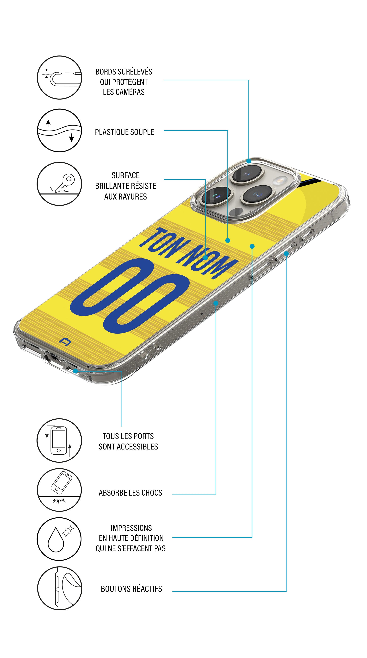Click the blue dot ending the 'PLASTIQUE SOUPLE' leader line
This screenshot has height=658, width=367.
(x=228, y=240)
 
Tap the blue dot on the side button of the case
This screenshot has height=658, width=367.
(x=286, y=254)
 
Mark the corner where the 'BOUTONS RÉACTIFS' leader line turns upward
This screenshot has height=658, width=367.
(x=286, y=592)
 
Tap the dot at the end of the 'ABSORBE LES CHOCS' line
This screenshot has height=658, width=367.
(x=216, y=303)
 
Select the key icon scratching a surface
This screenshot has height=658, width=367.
(x=59, y=184)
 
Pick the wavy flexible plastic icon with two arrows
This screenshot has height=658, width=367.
(x=59, y=130)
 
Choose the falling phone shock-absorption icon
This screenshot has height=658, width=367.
(x=59, y=490)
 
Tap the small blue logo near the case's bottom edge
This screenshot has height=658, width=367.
(x=65, y=342)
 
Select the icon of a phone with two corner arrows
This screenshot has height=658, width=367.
(x=59, y=440)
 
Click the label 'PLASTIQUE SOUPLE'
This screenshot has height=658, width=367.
(x=124, y=132)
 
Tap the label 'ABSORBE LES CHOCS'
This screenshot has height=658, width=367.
(x=130, y=493)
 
